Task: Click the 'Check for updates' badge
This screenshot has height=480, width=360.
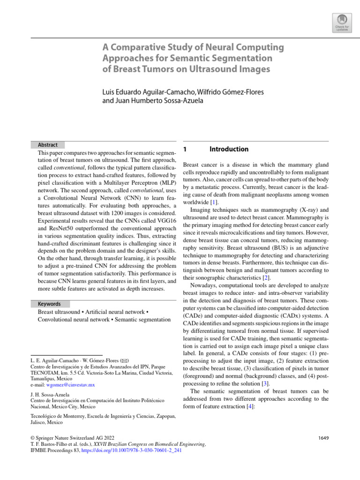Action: point(341,22)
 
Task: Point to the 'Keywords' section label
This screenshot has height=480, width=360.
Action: point(49,304)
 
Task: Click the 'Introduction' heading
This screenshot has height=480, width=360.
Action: point(229,150)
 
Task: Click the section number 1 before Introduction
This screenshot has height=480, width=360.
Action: point(185,150)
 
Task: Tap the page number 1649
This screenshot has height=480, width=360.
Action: point(323,438)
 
